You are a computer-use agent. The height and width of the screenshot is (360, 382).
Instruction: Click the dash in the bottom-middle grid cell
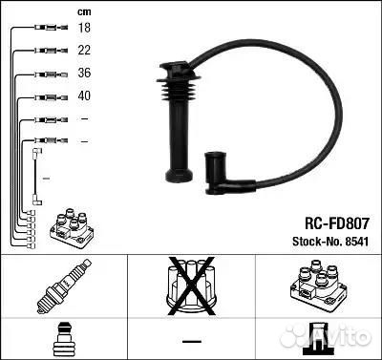192,340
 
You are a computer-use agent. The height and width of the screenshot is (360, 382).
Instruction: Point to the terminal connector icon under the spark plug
63,338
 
